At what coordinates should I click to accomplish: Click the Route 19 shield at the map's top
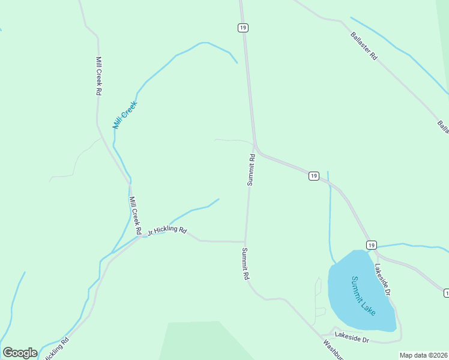(243, 28)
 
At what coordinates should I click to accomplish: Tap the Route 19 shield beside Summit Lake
(371, 245)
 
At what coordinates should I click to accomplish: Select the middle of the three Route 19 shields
(313, 175)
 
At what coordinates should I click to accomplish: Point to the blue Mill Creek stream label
(125, 115)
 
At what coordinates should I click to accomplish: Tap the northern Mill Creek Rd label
(98, 76)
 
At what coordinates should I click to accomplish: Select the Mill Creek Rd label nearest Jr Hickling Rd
(135, 215)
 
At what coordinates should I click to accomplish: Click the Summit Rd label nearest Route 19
(252, 170)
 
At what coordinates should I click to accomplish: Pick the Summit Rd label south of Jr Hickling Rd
(245, 264)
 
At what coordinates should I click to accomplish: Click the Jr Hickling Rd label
(167, 230)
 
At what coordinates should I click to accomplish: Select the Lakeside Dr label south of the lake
(352, 337)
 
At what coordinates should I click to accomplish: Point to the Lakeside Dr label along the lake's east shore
(383, 280)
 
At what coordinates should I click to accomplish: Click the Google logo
(20, 352)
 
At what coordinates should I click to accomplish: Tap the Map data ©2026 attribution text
(423, 355)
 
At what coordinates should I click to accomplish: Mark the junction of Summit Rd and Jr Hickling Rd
(245, 242)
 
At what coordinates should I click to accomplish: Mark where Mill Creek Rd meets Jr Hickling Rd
(142, 236)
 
